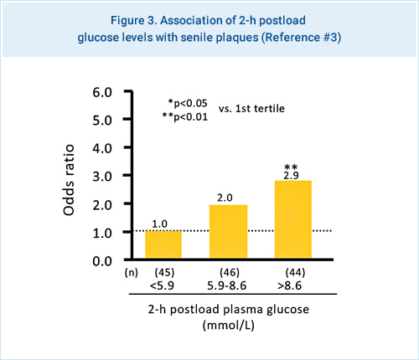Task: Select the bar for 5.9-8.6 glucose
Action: [228, 232]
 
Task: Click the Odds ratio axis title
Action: [72, 176]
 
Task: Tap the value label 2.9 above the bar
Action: [292, 174]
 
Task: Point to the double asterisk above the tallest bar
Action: [292, 166]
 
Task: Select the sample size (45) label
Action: [163, 272]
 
